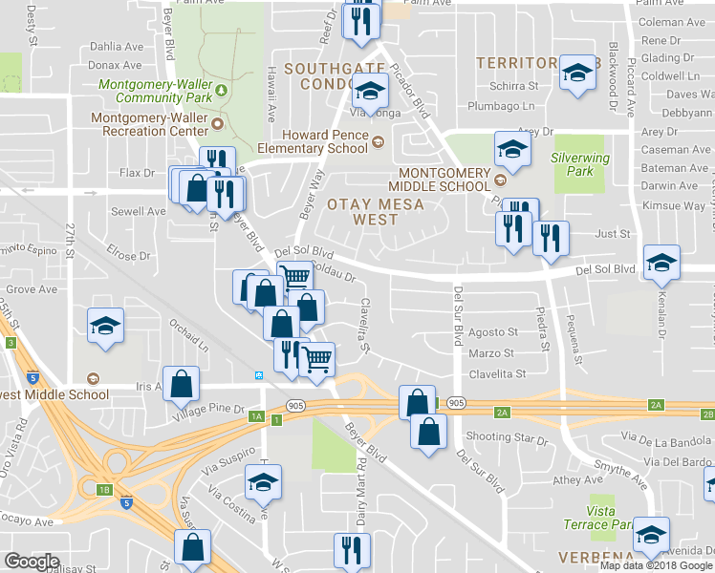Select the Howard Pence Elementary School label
313,141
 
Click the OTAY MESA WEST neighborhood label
362,211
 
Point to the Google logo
32,562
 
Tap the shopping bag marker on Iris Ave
181,385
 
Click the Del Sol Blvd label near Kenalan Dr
606,270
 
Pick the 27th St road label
70,242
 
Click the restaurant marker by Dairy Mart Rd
351,551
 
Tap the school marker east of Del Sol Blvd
661,264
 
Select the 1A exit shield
255,416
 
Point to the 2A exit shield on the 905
503,412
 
